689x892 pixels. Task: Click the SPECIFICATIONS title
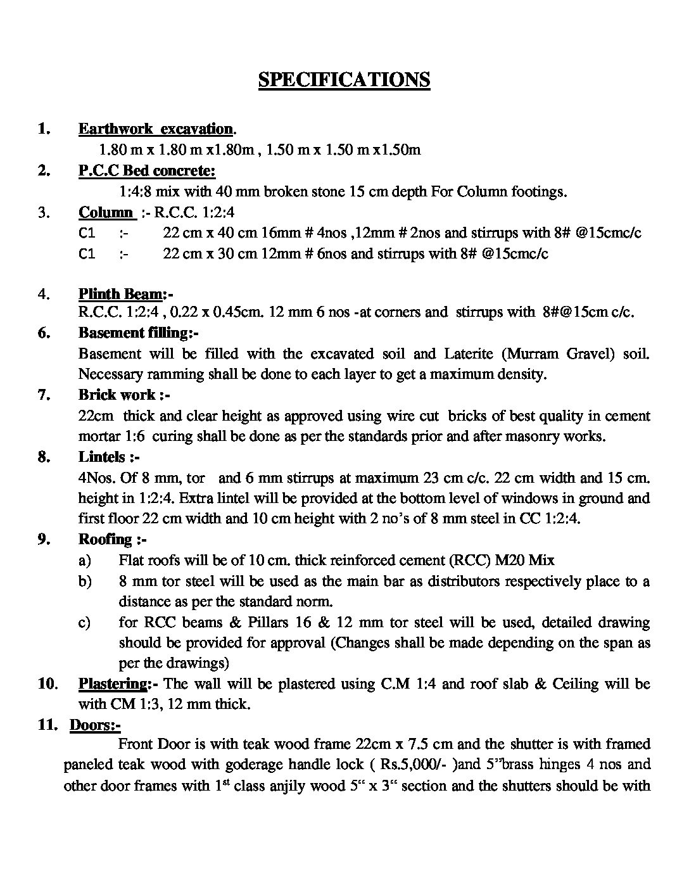tap(344, 80)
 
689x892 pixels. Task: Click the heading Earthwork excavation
tap(156, 129)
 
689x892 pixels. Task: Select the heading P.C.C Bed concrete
tap(147, 170)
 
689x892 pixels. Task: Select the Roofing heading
tap(105, 539)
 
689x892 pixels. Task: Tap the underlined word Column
tap(105, 212)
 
